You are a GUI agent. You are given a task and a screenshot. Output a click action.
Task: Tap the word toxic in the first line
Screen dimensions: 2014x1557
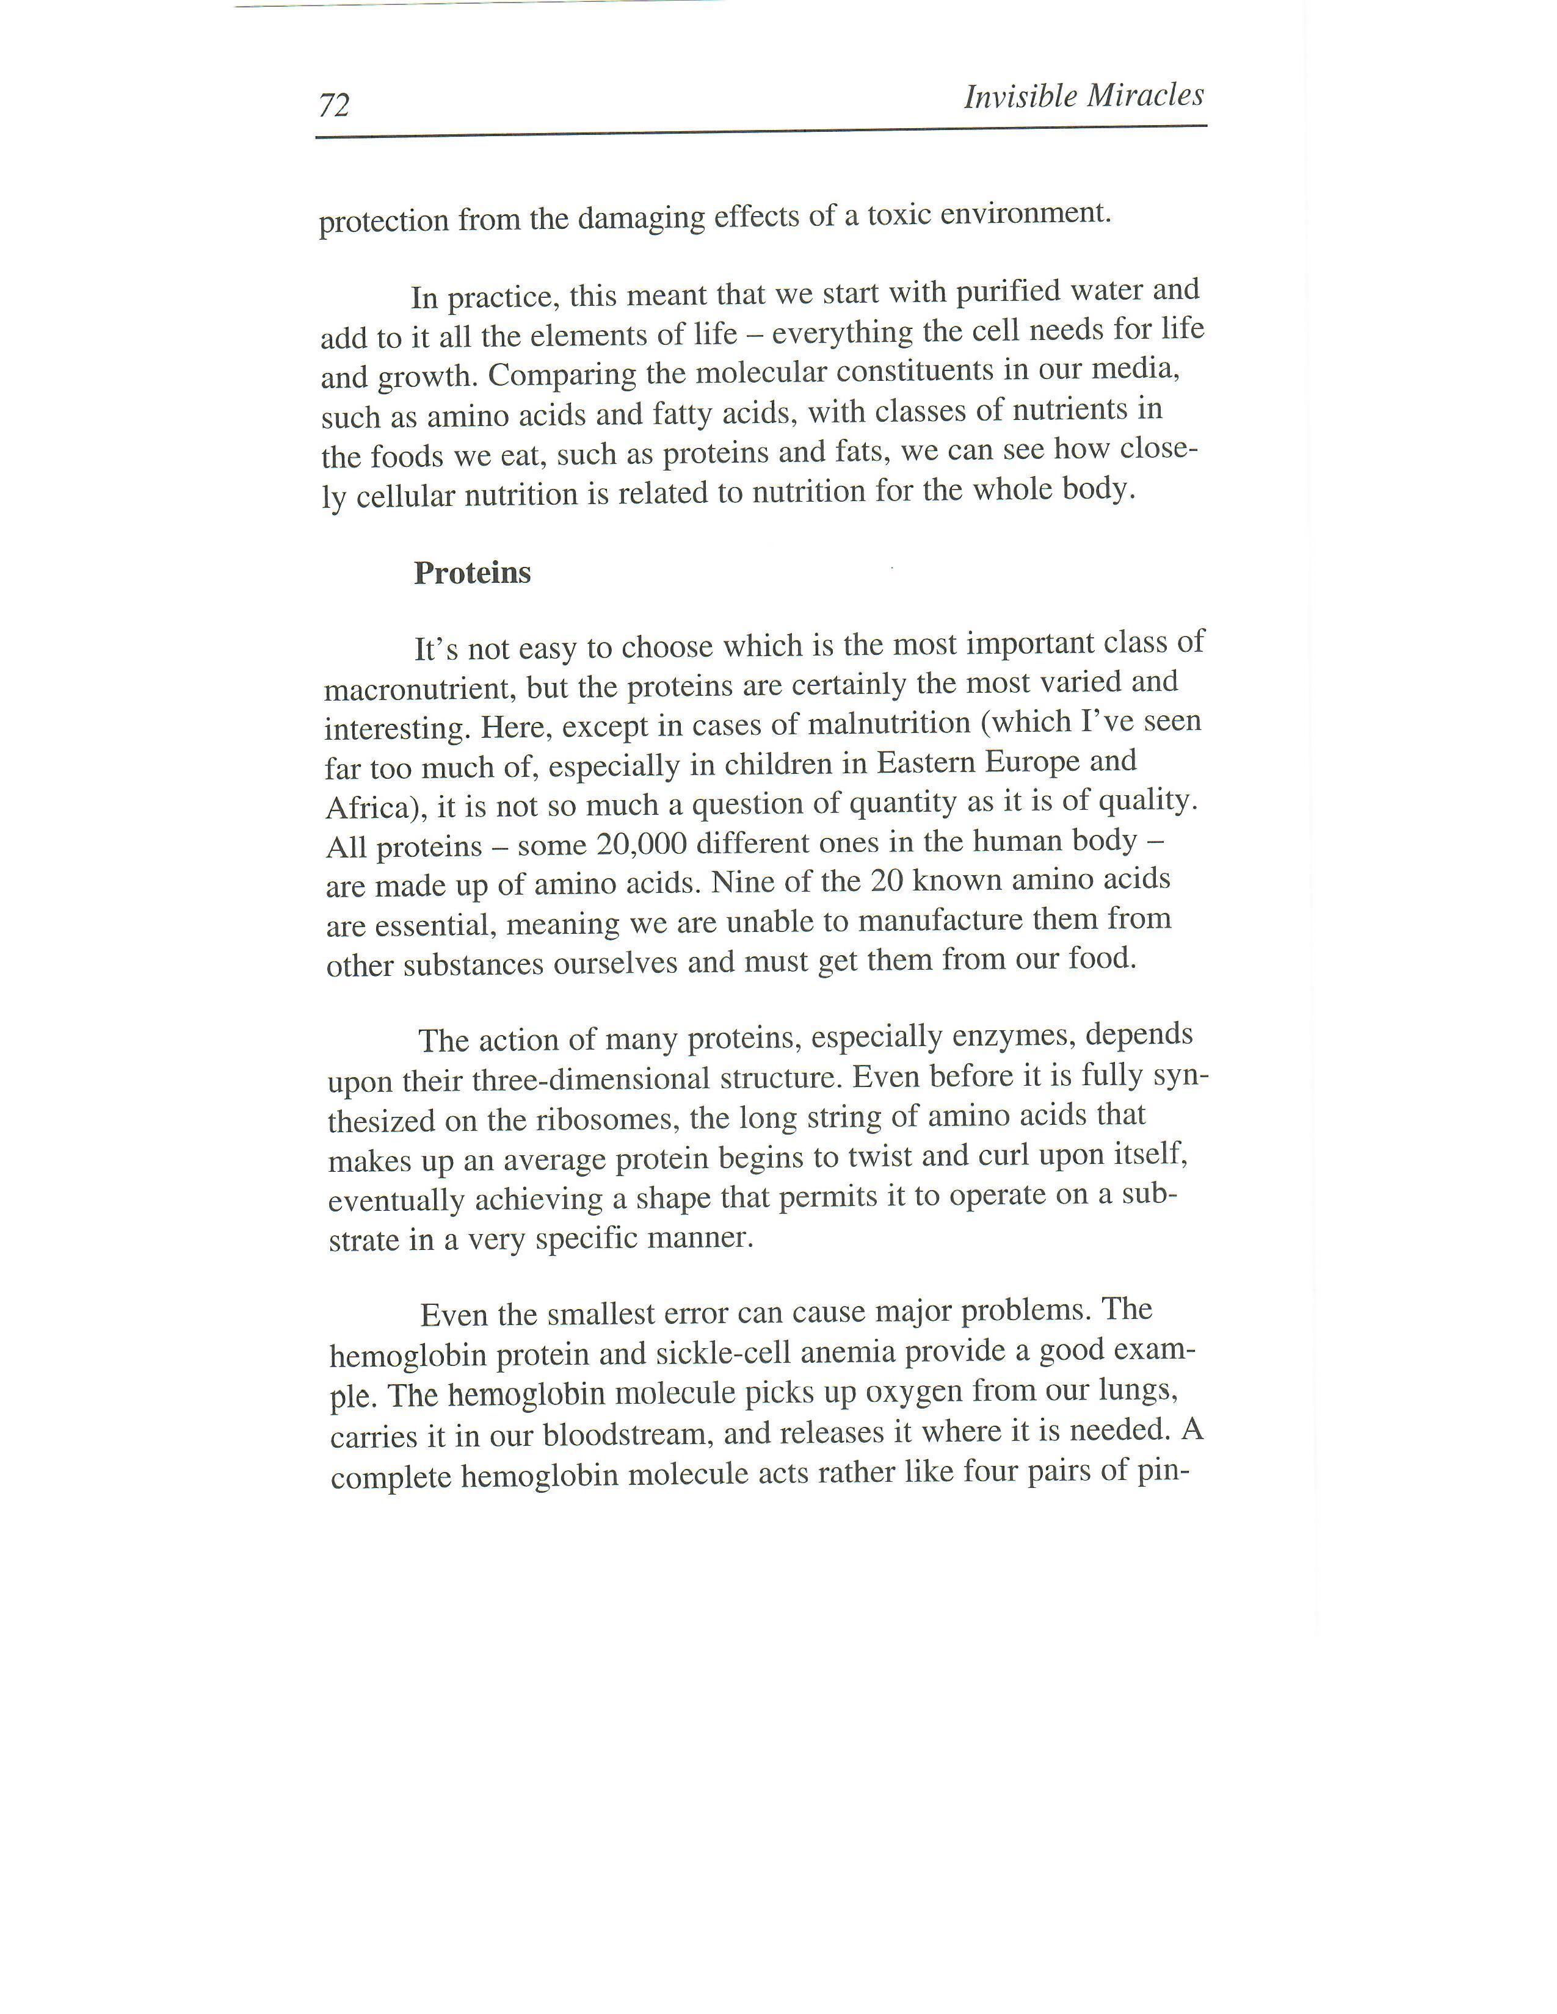(901, 214)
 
